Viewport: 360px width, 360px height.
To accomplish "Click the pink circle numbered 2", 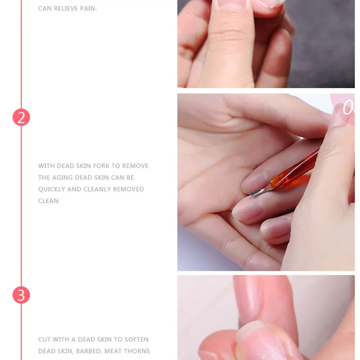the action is tap(21, 117).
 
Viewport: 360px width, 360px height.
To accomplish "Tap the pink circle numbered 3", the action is tap(21, 295).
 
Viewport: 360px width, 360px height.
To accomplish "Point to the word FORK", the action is tap(102, 166).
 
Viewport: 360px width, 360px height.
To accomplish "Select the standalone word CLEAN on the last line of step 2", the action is tap(48, 201).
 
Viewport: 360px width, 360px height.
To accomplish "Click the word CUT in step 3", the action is tap(44, 339).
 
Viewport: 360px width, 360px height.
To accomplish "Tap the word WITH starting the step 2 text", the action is tap(46, 166).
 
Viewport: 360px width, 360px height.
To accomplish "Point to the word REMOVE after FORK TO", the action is tap(135, 166).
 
